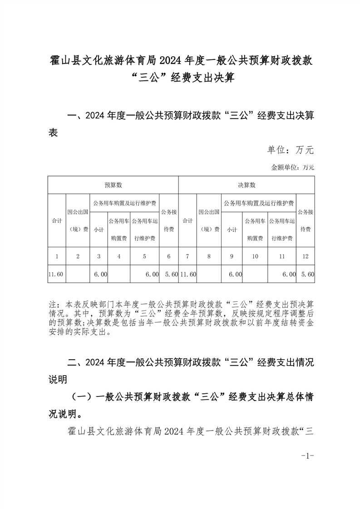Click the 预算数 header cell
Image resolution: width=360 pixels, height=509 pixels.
(113, 185)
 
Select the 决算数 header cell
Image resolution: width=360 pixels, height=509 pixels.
(247, 185)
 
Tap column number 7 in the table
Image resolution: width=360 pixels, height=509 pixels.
(187, 256)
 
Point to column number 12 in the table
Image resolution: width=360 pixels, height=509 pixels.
(305, 256)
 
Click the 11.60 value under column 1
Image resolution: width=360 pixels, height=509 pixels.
(56, 274)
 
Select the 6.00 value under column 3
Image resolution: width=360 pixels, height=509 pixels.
(100, 274)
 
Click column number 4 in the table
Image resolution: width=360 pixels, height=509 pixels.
(119, 256)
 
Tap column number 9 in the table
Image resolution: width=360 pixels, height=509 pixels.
(232, 256)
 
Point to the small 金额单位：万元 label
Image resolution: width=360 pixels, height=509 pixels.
(292, 167)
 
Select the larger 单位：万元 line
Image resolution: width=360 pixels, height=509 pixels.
(290, 150)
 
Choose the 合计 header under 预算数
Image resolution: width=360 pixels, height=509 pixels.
(57, 220)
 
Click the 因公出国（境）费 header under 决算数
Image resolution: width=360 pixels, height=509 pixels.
(209, 220)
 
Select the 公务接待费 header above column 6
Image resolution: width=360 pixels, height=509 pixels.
(168, 220)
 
